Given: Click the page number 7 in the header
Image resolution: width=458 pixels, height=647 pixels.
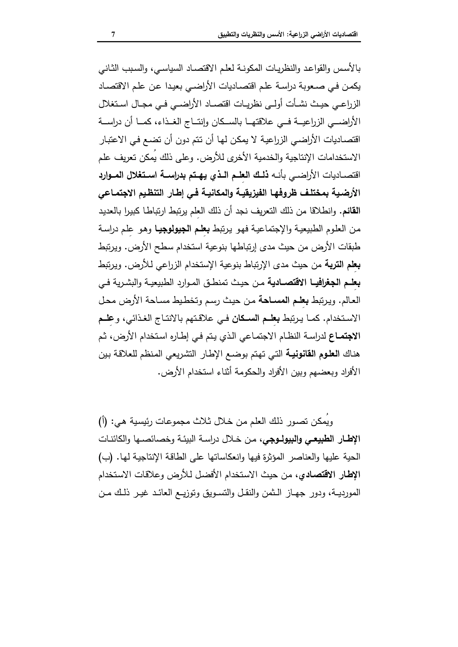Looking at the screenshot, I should click(x=113, y=35).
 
